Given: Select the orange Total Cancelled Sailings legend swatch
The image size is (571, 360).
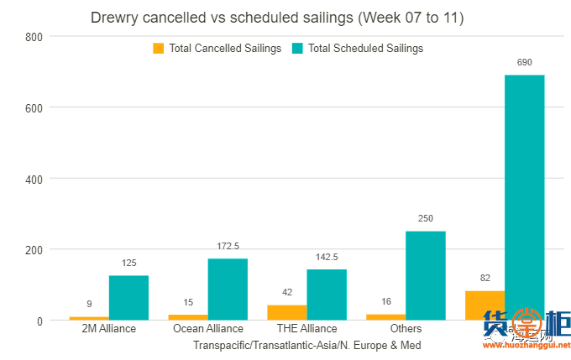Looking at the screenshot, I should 158,49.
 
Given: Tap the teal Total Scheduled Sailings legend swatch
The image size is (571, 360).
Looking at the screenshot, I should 297,49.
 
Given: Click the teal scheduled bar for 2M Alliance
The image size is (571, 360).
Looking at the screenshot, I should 128,298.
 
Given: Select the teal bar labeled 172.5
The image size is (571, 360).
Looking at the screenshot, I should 228,290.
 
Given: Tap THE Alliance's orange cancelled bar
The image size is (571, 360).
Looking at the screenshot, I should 286,312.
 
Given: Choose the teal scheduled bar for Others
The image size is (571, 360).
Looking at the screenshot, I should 425,275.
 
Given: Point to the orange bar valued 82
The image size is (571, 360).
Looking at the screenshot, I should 485,305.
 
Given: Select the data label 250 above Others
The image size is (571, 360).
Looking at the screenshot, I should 426,219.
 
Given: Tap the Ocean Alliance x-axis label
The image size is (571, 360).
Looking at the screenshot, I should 207,329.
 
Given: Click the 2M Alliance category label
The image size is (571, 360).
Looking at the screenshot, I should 108,329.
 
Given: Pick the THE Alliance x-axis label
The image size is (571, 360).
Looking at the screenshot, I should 306,329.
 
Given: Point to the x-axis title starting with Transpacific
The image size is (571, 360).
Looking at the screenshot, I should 306,345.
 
